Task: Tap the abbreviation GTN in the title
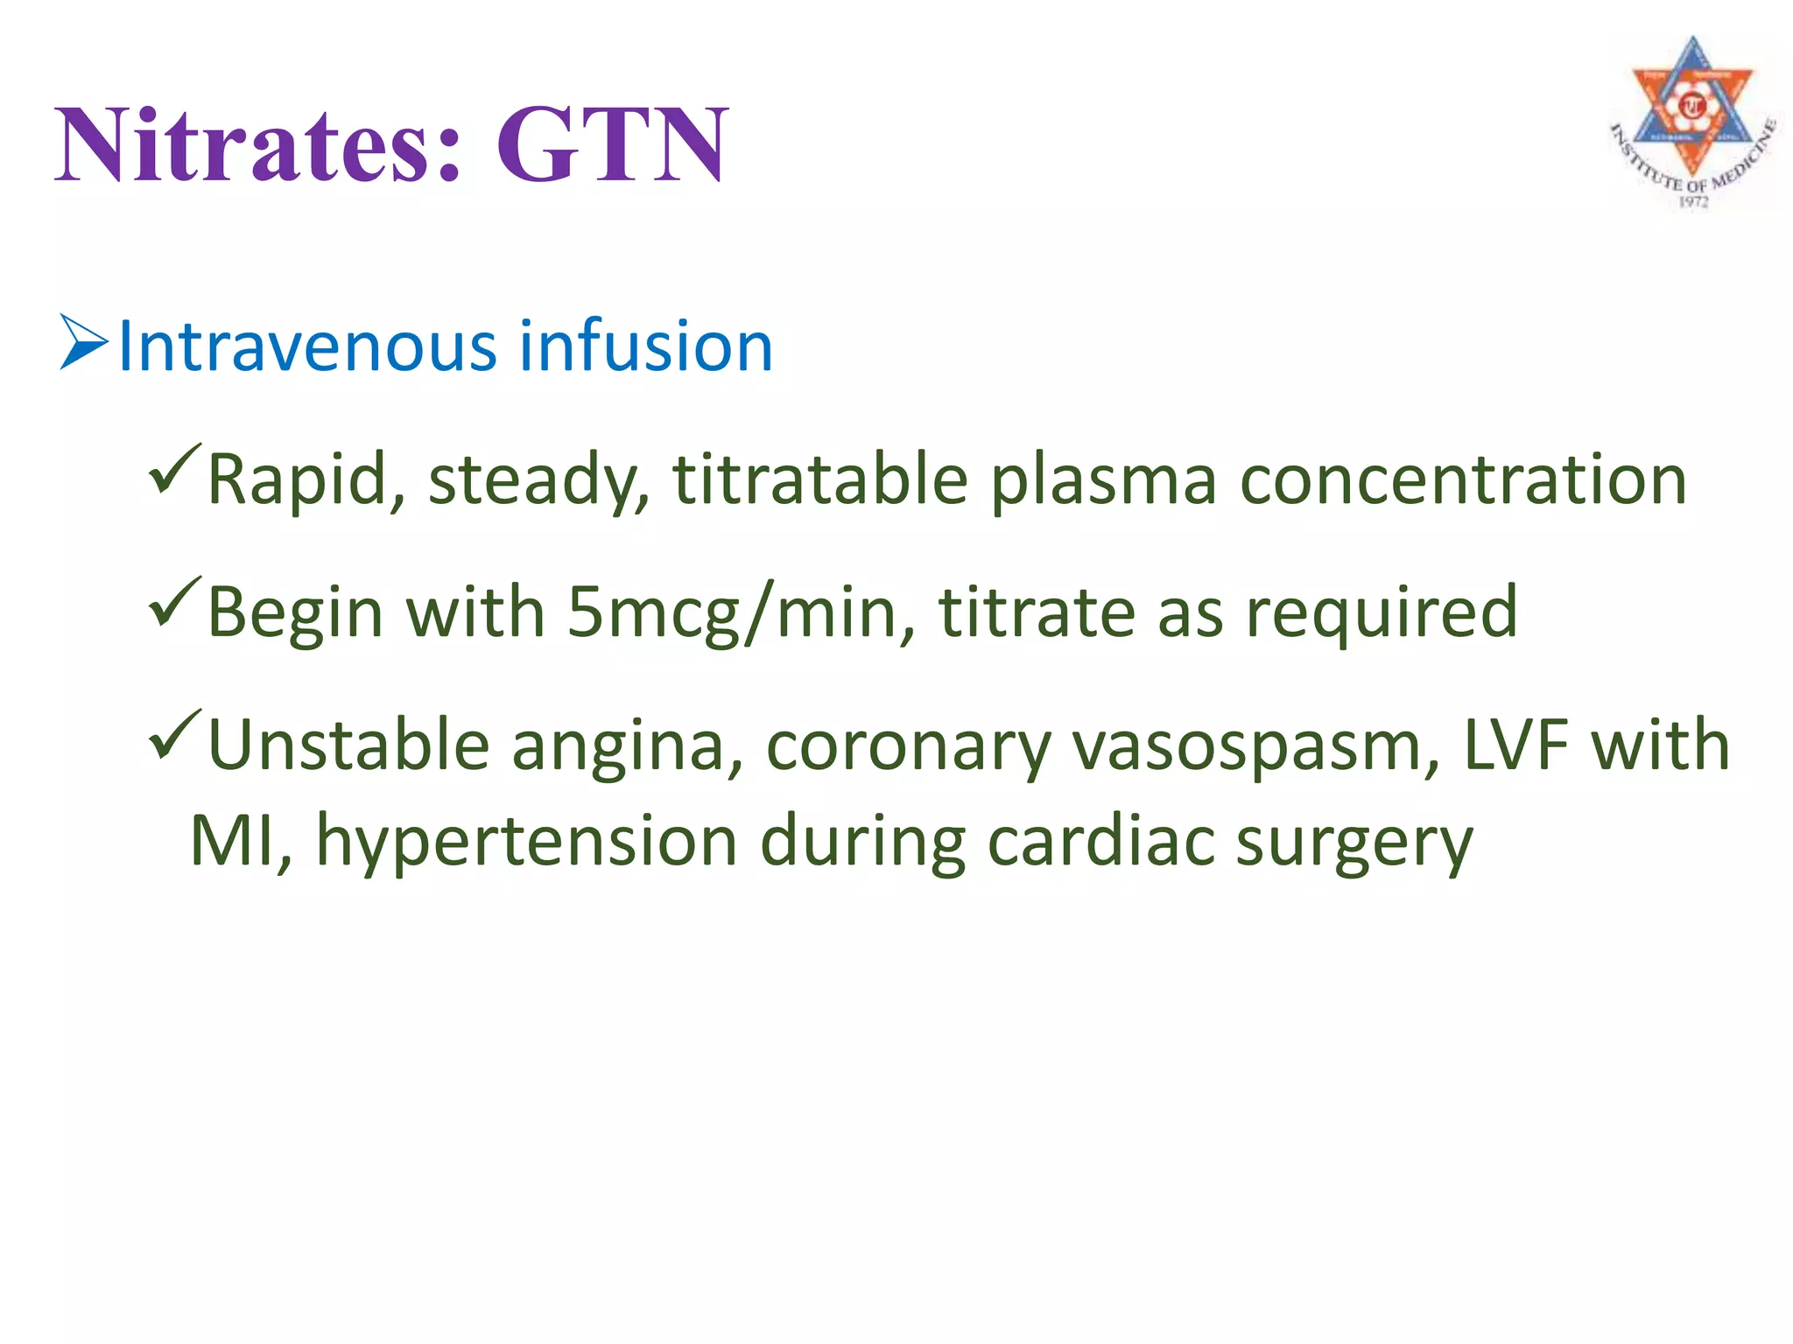611,144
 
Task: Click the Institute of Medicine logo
1691,122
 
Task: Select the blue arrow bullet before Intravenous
84,344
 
